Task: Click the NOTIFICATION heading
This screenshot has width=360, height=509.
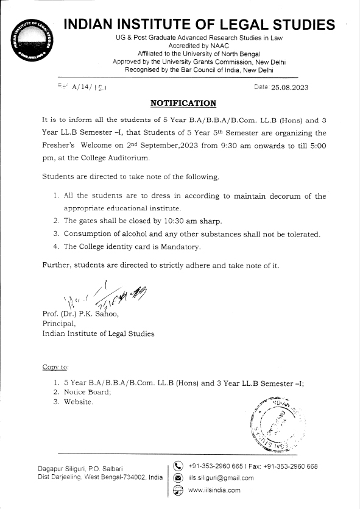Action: (183, 103)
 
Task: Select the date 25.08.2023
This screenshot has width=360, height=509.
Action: (290, 87)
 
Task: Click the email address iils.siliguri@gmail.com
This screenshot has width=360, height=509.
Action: (221, 479)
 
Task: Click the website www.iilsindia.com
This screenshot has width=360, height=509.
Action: (214, 490)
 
